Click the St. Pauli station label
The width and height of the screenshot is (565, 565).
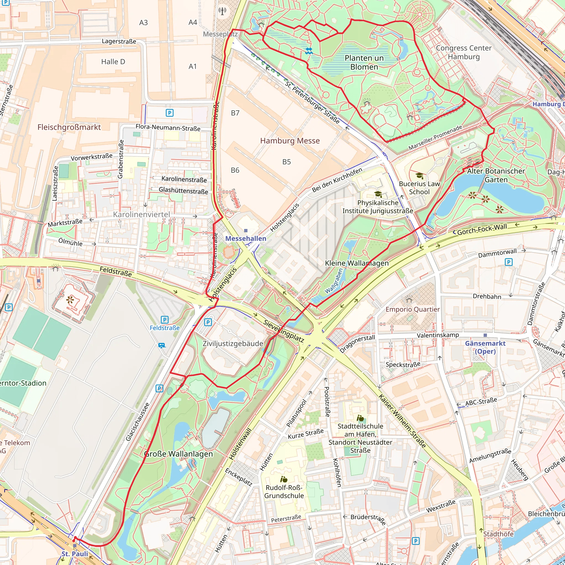point(75,554)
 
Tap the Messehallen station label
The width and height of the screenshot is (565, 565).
point(246,238)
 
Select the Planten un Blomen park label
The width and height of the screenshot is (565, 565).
point(364,62)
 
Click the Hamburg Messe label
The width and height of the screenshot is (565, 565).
point(290,141)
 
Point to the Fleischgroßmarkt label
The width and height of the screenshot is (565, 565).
point(69,127)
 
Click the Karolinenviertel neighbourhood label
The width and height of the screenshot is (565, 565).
point(141,214)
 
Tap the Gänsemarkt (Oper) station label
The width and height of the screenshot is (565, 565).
point(485,347)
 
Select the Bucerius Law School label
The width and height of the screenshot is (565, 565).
point(419,188)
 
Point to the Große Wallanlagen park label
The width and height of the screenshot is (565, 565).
point(178,454)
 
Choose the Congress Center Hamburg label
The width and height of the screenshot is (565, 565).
point(463,52)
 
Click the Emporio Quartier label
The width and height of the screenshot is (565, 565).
point(412,310)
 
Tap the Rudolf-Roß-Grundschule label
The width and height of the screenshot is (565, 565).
point(284,492)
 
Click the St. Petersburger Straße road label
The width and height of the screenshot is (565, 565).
point(312,103)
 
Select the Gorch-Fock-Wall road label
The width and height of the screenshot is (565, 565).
point(482,229)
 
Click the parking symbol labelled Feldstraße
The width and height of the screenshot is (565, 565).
point(165,320)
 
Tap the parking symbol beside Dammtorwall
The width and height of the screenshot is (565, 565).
point(508,262)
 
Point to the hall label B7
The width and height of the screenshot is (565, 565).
point(235,113)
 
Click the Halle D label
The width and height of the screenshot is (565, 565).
point(113,62)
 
